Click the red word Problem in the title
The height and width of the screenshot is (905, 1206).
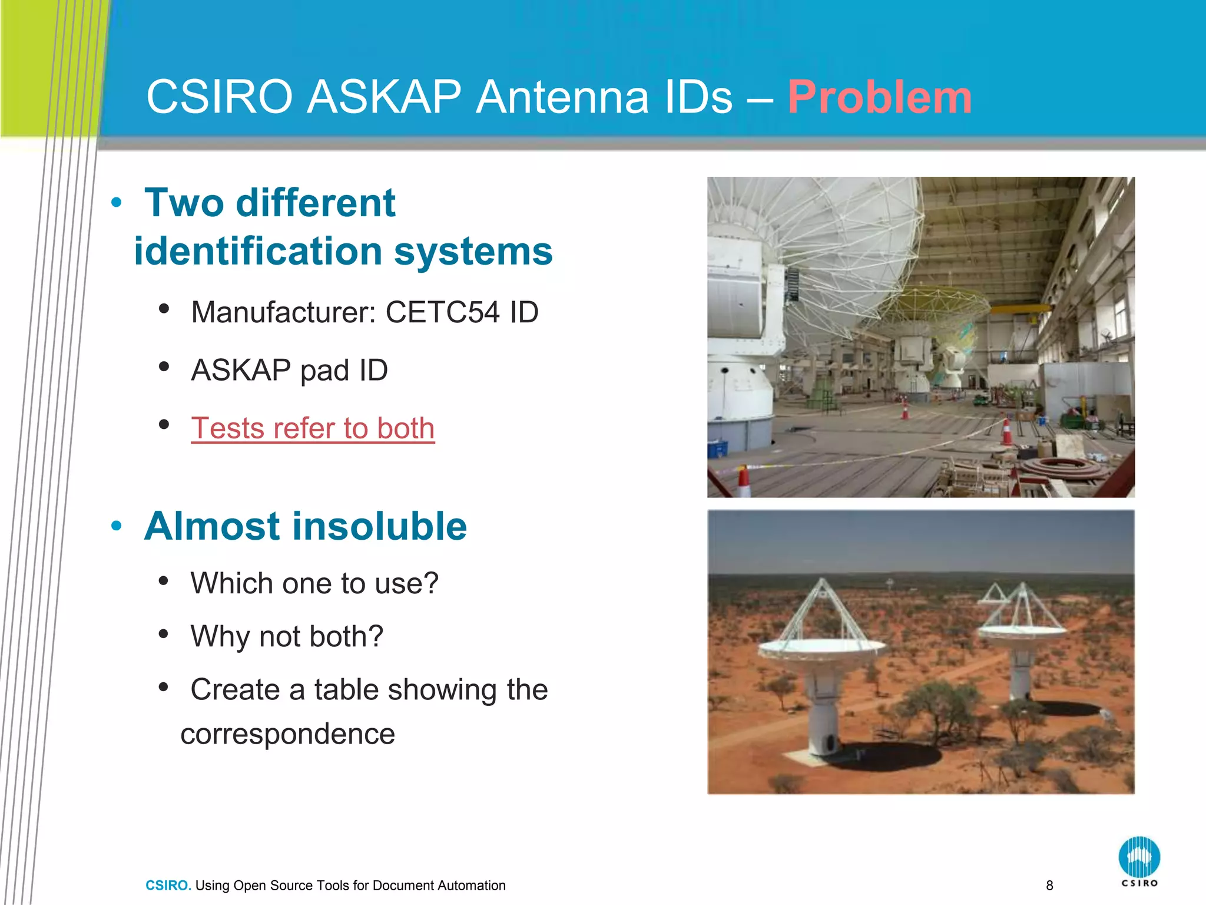[x=879, y=97]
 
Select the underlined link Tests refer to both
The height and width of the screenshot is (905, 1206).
[x=313, y=428]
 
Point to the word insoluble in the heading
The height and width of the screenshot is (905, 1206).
[x=365, y=526]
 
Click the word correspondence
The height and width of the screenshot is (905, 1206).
[x=287, y=734]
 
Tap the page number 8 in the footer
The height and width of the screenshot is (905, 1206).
[x=1049, y=885]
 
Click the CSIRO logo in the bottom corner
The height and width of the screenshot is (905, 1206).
[x=1139, y=860]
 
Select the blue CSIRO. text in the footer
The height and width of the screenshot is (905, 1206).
[x=168, y=886]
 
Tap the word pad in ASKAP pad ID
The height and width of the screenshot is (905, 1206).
[x=324, y=371]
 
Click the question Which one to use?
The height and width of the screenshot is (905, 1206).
[x=314, y=584]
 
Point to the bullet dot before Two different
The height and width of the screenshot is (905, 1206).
[x=117, y=203]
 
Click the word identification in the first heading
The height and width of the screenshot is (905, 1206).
[x=258, y=252]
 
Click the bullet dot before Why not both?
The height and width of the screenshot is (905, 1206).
[x=164, y=634]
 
